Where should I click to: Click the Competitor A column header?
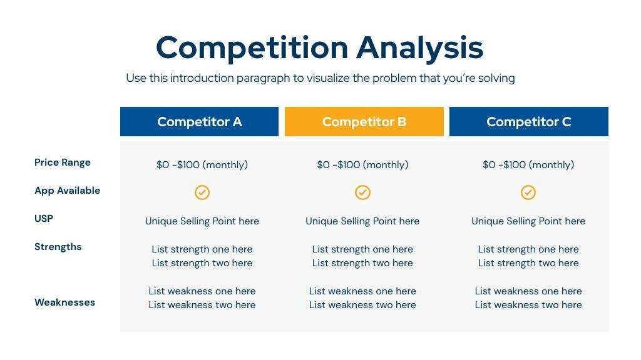click(x=200, y=122)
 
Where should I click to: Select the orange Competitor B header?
click(x=364, y=122)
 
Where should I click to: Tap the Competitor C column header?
click(x=528, y=122)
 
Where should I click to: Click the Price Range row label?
click(x=63, y=162)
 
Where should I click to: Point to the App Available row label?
click(x=68, y=191)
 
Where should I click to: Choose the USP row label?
click(x=44, y=218)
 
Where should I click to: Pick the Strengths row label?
click(x=58, y=246)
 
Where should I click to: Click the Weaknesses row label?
click(x=64, y=302)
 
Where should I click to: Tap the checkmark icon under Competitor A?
click(x=202, y=192)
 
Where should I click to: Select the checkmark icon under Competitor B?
click(x=362, y=192)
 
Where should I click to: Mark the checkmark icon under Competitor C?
click(x=528, y=192)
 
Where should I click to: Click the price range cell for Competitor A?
click(x=202, y=165)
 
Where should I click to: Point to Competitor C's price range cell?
click(x=528, y=165)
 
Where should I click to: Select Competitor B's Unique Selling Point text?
click(x=362, y=221)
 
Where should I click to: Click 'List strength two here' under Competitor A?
click(x=202, y=263)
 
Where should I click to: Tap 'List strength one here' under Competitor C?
click(x=528, y=249)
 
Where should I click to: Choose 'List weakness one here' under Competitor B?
click(x=362, y=291)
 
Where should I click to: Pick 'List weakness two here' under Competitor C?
click(x=528, y=305)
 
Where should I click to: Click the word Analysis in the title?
click(x=420, y=48)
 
